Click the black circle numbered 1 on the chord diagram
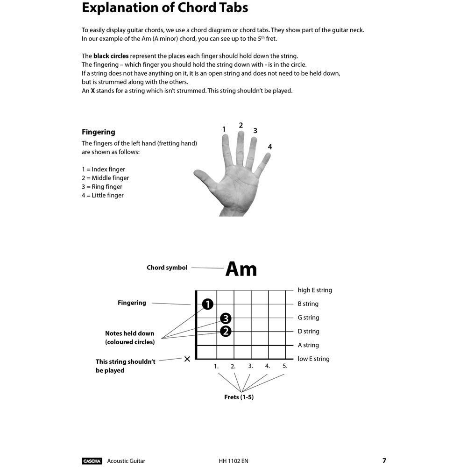coord(208,304)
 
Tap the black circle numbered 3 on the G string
coord(226,318)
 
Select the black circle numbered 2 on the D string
coord(226,332)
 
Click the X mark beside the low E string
coord(187,359)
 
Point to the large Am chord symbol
coord(241,269)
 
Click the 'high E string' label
coord(315,290)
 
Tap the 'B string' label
coord(308,304)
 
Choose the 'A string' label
coord(308,345)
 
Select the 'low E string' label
coord(313,359)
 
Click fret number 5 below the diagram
coord(285,366)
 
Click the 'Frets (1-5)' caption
coord(239,397)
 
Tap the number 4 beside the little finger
coord(269,147)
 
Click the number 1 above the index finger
coord(224,129)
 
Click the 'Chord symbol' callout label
coord(167,268)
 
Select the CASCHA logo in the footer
coord(92,461)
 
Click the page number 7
coord(384,460)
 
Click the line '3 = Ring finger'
coord(102,187)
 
